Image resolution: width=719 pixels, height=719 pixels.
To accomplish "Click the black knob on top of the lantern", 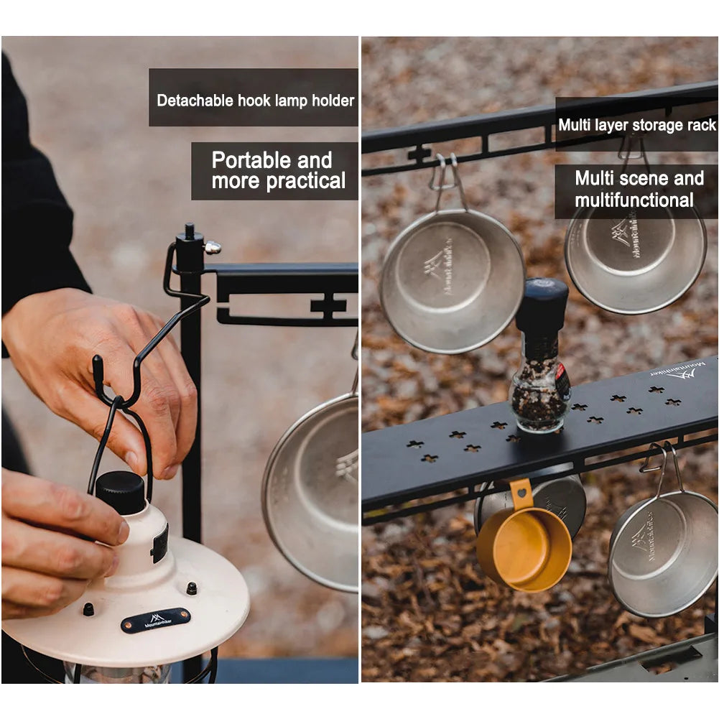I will tap(120, 492).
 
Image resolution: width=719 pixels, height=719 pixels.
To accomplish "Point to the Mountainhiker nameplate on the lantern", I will tap(156, 620).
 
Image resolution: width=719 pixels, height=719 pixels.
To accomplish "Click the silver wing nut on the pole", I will tap(212, 248).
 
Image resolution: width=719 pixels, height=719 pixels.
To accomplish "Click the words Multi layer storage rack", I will tap(636, 125).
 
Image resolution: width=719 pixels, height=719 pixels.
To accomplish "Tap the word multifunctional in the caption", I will tap(634, 200).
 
